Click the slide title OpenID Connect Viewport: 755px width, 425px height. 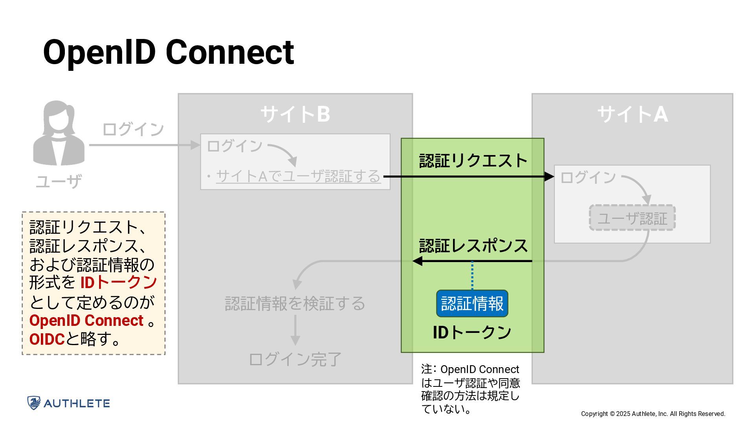168,52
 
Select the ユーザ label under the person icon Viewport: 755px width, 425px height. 59,181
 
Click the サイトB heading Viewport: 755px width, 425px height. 295,114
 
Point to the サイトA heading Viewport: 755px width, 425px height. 632,114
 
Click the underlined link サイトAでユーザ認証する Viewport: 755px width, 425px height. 298,176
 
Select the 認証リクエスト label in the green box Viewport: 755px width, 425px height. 473,161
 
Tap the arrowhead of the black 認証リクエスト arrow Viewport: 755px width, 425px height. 549,177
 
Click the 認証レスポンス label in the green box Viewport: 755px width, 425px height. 473,246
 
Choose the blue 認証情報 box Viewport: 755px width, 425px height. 472,303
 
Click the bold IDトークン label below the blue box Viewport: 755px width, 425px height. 472,333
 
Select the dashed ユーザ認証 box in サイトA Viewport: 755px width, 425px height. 632,218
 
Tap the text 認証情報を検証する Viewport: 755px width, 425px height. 295,303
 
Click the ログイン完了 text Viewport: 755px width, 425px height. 295,359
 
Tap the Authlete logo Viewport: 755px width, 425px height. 68,403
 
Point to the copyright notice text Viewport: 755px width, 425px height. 653,414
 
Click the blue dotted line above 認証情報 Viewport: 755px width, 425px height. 472,275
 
